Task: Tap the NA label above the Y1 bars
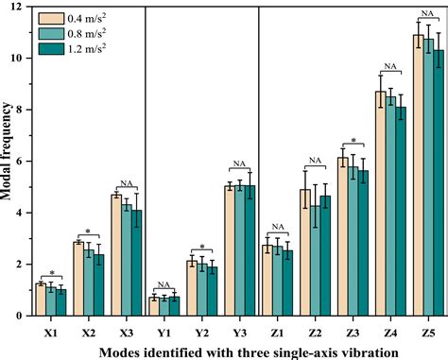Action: [x=164, y=283]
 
